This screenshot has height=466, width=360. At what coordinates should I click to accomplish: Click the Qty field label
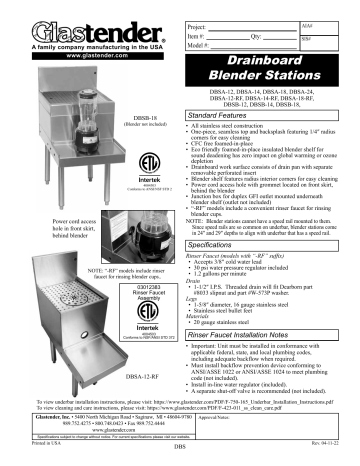(268, 34)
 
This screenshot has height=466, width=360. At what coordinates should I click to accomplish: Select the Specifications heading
(220, 243)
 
